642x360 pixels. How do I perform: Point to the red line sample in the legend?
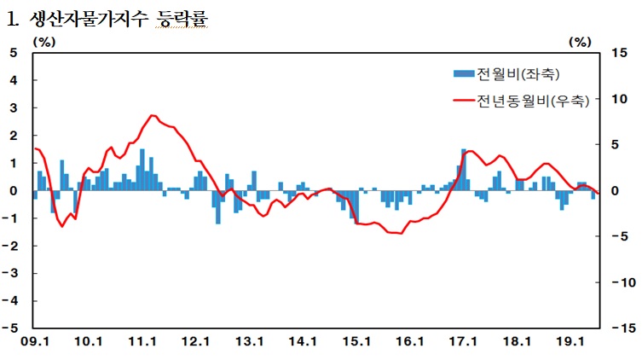(464, 102)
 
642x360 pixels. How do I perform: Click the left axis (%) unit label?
(44, 41)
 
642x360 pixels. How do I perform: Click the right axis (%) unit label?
(580, 41)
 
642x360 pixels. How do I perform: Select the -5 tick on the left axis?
(12, 328)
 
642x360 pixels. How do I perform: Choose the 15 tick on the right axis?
(620, 53)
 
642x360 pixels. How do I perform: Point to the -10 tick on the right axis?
(618, 282)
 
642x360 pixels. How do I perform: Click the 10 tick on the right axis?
(620, 99)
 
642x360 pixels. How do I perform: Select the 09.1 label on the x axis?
(35, 342)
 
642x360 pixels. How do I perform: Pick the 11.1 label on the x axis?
(142, 342)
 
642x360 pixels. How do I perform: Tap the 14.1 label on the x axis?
(302, 342)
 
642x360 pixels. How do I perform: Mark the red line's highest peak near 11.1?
(151, 115)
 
